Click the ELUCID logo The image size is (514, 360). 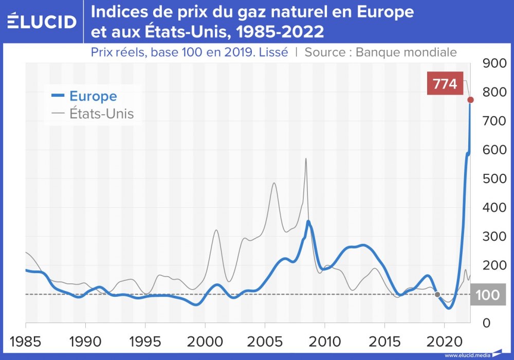[x=42, y=21]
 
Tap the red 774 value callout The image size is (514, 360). [x=445, y=84]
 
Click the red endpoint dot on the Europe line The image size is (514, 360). [x=470, y=99]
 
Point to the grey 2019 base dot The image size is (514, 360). [x=437, y=295]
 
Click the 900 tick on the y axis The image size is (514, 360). [x=494, y=64]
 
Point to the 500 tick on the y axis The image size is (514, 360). [x=494, y=179]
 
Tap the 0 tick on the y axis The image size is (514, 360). [x=486, y=323]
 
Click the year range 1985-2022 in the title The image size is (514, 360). [x=278, y=32]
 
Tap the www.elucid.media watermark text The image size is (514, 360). [x=466, y=355]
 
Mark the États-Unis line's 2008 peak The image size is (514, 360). [x=306, y=159]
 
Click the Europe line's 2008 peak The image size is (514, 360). [x=308, y=222]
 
